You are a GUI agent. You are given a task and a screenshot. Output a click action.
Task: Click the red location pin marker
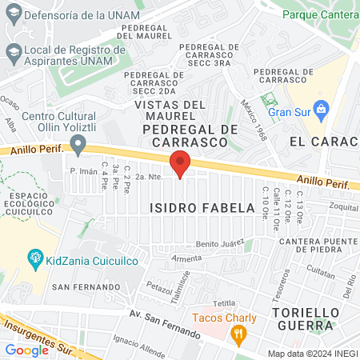click(181, 164)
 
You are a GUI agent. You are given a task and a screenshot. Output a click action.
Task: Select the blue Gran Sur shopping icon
click(322, 108)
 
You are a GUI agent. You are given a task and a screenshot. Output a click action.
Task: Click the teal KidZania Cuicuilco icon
click(35, 258)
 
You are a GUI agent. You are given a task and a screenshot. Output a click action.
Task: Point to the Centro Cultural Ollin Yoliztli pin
click(78, 145)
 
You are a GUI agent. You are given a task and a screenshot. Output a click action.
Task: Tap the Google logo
click(26, 350)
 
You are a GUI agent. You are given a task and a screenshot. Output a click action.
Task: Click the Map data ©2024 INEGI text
click(311, 353)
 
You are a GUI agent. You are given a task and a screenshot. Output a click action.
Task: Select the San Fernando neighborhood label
click(78, 286)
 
